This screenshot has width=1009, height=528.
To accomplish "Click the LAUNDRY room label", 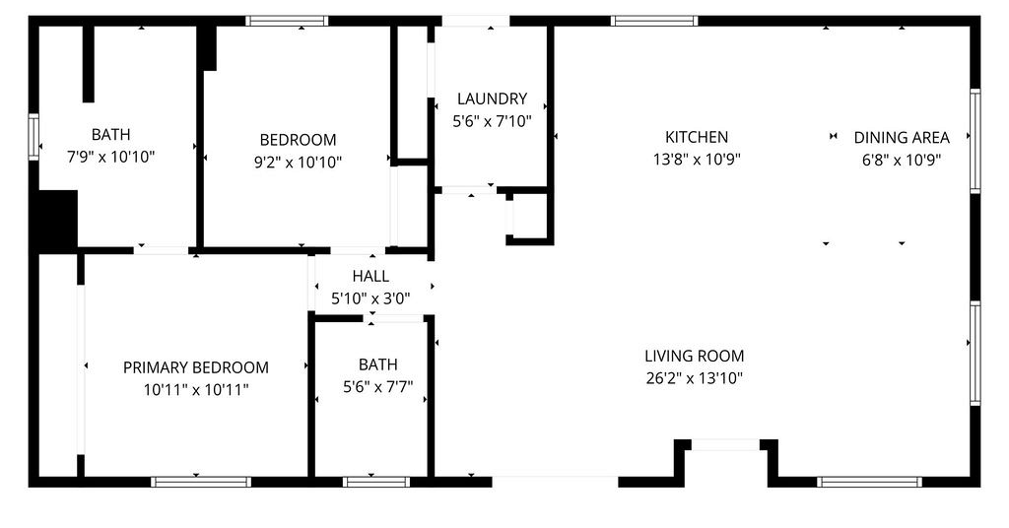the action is coord(493,99).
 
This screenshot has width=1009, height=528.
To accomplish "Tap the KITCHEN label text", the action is coord(697,137).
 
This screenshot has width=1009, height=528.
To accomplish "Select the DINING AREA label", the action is coord(902,138).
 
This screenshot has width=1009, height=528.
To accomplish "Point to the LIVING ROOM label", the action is coord(695,356).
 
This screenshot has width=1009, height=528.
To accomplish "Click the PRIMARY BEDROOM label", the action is coord(196,367).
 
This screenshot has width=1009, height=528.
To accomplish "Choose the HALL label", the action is coord(370,276).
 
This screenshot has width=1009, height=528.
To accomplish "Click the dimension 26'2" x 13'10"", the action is coord(695,378).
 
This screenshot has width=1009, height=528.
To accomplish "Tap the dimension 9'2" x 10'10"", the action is coord(298,163).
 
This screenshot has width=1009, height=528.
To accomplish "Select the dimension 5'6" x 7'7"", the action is coord(377,386).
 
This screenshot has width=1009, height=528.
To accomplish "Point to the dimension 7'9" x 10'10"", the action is coord(110,157).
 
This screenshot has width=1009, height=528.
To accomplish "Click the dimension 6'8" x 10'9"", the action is coord(902,160).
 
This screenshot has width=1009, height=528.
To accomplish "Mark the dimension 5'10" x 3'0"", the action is coord(370,298).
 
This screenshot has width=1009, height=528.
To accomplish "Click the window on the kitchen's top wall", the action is coord(654,21).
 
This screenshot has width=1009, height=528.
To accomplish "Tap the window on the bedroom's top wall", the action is coord(287,21).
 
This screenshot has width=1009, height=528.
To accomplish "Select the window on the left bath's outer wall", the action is coord(34,137).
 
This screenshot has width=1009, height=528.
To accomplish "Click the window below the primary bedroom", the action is coord(201,482).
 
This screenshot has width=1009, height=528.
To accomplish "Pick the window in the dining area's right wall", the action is coord(975,141).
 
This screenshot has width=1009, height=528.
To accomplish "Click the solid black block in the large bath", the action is coord(58,220).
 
